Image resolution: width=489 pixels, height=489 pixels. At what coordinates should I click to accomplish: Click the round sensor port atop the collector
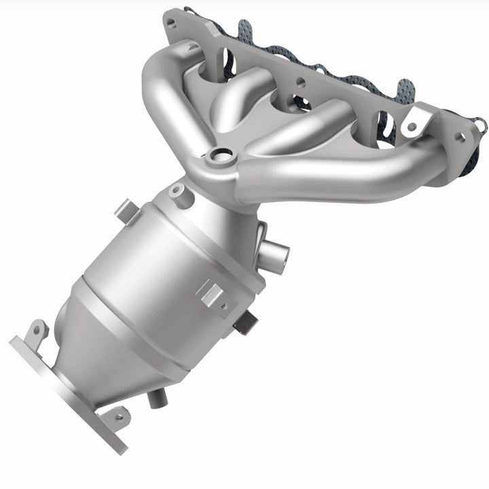(x=219, y=158)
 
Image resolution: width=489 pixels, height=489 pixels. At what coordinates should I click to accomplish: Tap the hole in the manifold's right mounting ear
(x=410, y=126)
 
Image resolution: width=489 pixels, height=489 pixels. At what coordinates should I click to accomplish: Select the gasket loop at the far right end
(x=479, y=126)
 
